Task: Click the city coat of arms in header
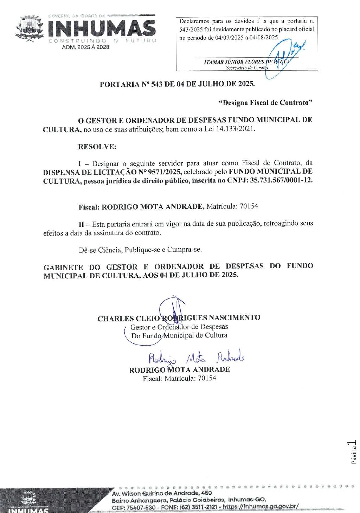click(30, 28)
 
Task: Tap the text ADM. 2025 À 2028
click(85, 47)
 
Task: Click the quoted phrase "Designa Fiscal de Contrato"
click(265, 103)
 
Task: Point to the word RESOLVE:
click(97, 147)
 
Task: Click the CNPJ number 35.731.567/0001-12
click(281, 181)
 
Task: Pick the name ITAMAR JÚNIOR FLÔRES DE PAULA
click(246, 62)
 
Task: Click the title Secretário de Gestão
click(246, 68)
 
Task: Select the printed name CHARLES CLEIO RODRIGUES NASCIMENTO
click(179, 318)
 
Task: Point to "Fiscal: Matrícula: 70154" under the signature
click(179, 379)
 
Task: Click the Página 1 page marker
click(353, 451)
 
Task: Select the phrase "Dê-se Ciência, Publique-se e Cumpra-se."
click(140, 250)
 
